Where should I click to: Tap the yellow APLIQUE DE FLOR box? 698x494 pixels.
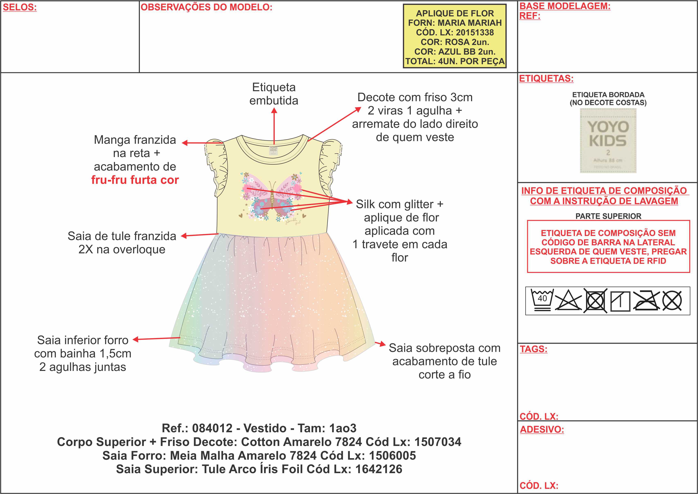pos(455,36)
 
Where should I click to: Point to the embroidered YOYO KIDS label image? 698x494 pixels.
pos(608,140)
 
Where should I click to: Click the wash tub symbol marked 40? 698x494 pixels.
pos(542,300)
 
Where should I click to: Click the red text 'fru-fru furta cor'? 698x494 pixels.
pos(135,180)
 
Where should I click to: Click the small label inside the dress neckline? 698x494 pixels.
pos(273,150)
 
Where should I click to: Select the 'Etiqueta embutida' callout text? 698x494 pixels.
pos(274,94)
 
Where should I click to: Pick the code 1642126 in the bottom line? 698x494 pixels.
pos(379,469)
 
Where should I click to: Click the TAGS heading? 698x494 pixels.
pos(533,349)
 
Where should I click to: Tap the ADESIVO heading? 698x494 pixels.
pos(542,430)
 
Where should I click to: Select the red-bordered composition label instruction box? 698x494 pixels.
pos(608,246)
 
